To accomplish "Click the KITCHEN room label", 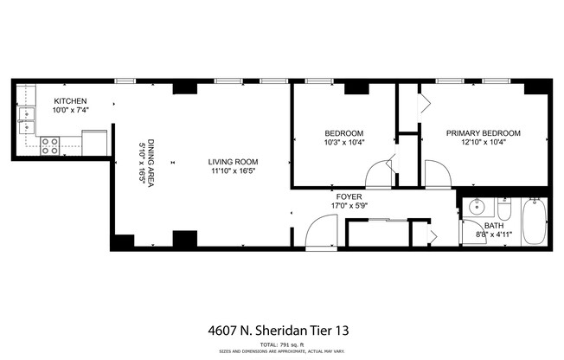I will click(70, 100).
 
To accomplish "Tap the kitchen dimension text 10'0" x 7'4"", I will click(71, 110).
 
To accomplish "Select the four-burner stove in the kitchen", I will click(50, 146).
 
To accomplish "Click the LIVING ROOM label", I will click(233, 162).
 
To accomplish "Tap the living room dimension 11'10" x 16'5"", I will click(233, 171).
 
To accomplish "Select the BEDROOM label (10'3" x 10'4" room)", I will click(343, 133).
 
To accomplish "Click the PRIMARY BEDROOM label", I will click(483, 133).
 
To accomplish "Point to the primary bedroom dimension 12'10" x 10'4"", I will click(483, 143).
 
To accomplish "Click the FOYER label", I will click(349, 197).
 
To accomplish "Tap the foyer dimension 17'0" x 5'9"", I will click(349, 207).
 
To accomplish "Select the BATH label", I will click(493, 225).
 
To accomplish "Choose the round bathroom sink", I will click(475, 208).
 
